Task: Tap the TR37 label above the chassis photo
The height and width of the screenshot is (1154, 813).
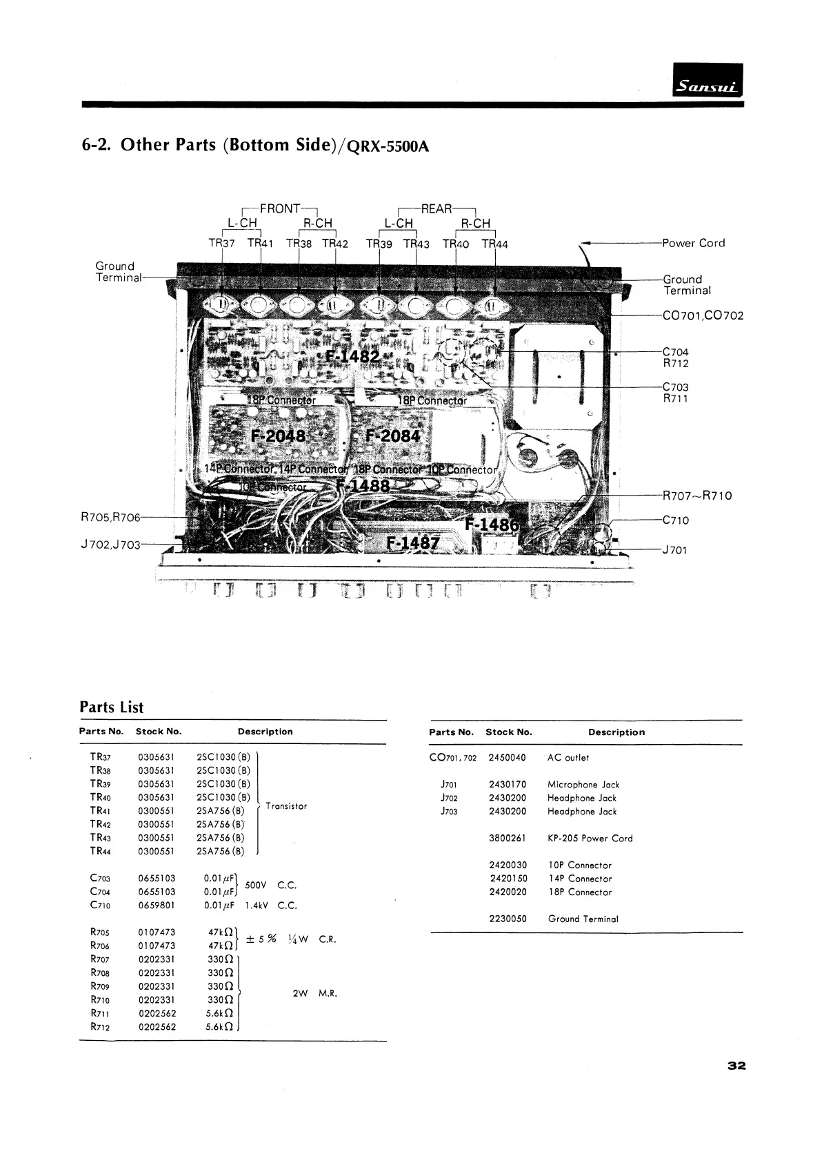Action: coord(221,243)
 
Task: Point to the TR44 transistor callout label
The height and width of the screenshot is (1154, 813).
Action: coord(494,243)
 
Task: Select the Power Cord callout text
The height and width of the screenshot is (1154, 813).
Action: coord(693,243)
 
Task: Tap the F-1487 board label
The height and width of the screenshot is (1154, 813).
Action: coord(412,542)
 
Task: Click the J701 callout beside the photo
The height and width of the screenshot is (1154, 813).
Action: coord(674,550)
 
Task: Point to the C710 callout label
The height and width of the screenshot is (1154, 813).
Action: coord(675,520)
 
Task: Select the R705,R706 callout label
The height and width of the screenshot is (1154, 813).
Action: coord(110,517)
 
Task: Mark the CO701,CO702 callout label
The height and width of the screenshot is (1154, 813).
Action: coord(703,316)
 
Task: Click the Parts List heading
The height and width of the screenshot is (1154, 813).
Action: coord(112,707)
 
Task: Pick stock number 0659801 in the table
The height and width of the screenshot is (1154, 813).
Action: coord(157,905)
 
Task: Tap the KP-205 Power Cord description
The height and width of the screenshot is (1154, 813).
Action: coord(590,838)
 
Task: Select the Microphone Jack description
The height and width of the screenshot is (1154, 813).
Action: coord(583,784)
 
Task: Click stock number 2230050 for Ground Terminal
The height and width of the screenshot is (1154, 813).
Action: coord(508,919)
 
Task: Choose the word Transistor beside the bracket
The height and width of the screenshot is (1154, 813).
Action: coord(286,806)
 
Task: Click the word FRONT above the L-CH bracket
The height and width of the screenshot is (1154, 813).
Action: coord(280,208)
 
